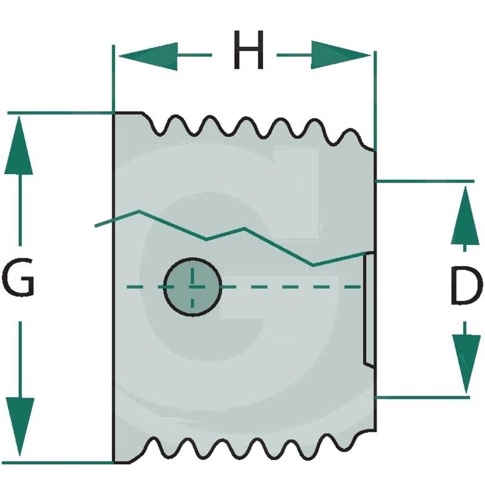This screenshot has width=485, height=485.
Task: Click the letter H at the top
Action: [x=249, y=52]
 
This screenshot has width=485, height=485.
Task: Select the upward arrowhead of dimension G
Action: [x=20, y=145]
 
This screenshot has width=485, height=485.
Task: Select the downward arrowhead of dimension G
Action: [x=20, y=427]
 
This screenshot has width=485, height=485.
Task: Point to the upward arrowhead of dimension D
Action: [x=465, y=215]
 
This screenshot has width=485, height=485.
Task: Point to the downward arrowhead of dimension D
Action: [x=465, y=364]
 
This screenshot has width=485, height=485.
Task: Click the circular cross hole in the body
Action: [x=193, y=286]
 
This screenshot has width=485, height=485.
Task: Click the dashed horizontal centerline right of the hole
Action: [x=291, y=286]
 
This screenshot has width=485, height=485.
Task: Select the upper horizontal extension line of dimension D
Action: [x=424, y=181]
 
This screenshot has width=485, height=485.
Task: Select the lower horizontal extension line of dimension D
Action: [x=424, y=397]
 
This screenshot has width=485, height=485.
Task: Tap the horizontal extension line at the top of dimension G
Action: [x=61, y=113]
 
